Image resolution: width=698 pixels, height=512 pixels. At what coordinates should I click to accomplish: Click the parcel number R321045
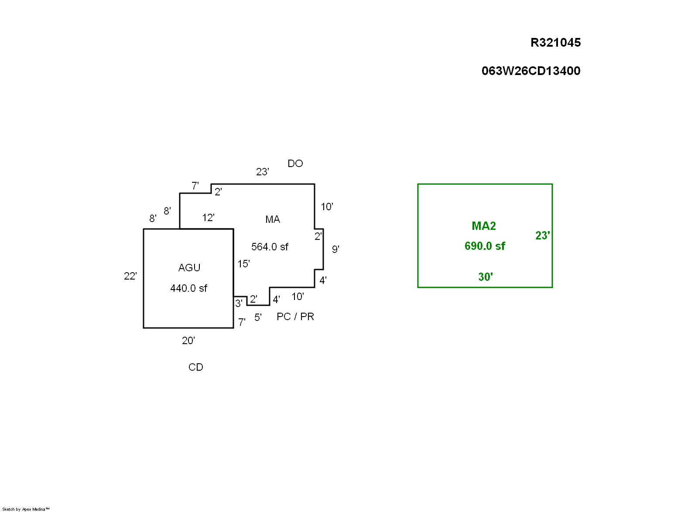coord(555,43)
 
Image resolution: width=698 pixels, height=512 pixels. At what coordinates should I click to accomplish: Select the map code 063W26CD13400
coord(530,71)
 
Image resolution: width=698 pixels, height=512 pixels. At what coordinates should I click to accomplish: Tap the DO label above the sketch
coord(295,164)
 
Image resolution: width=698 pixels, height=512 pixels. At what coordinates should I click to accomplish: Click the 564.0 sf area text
coord(270,247)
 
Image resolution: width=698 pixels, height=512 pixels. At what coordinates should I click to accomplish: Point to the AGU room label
coord(189,268)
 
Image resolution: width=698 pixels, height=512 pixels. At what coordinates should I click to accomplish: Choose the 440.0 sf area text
coord(188,288)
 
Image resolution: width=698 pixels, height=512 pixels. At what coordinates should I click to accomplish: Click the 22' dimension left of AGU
coord(130,276)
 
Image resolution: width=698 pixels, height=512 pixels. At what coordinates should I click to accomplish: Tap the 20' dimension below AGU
coord(188,341)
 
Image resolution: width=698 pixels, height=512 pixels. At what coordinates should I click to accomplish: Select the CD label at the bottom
coord(195,367)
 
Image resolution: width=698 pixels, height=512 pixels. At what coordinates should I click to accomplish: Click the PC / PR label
coord(295,317)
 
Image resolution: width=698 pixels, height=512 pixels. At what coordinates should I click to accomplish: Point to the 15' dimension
coord(243,264)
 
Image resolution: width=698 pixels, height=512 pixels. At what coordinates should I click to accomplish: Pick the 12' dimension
coord(208,218)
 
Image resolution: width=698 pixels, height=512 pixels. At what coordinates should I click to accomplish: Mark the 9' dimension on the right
coord(335,249)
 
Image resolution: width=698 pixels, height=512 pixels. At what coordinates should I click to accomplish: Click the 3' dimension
coord(239,304)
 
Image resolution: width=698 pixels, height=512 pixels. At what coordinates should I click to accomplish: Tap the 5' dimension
coord(258,317)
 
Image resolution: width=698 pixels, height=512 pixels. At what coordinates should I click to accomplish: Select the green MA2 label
coord(484,226)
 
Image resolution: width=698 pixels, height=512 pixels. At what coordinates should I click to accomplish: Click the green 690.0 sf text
coord(485,246)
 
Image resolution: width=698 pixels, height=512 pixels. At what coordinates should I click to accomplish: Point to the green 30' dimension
coord(485,277)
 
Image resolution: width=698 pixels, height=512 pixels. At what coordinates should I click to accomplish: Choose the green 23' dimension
coord(542,236)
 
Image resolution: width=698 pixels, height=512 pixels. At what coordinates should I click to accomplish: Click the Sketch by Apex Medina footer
coord(26,509)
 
